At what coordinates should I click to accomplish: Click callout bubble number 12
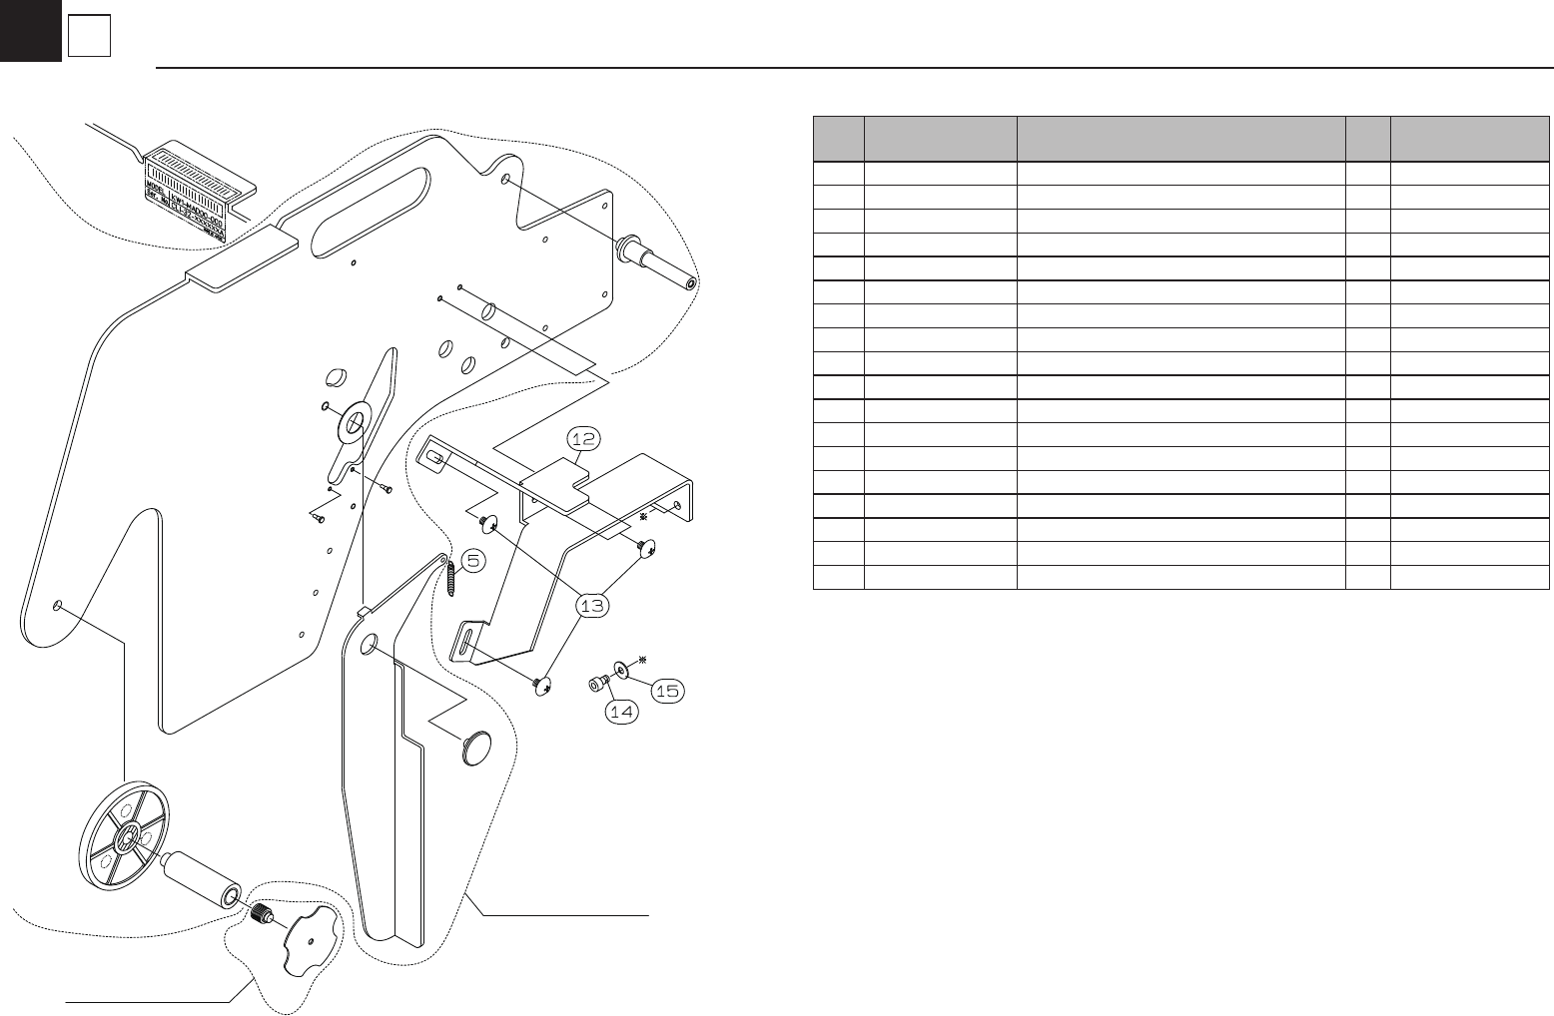click(584, 438)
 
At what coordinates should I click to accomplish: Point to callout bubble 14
click(623, 712)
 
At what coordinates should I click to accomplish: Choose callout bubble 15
click(669, 690)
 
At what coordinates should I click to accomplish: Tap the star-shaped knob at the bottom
click(310, 939)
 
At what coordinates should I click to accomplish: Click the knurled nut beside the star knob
click(263, 912)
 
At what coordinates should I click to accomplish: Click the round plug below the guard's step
click(478, 748)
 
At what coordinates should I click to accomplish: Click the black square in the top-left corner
click(30, 31)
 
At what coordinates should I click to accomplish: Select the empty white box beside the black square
click(89, 37)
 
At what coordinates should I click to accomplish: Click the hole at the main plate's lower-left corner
click(59, 606)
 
